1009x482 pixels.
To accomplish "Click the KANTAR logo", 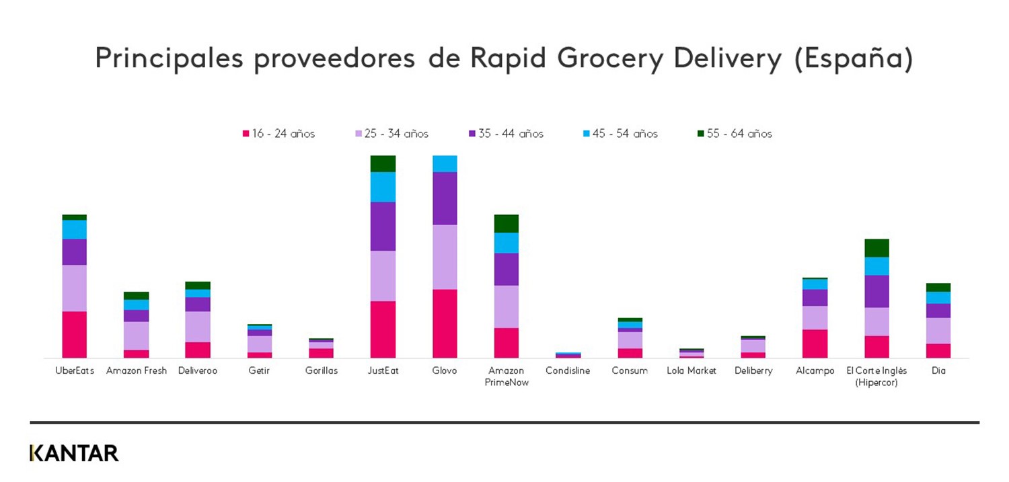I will [74, 453].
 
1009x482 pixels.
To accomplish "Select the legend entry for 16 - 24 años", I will [278, 134].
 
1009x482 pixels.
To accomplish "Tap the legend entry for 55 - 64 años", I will [735, 134].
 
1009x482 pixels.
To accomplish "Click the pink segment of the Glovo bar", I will [445, 323].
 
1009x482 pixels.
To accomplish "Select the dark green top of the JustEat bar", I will [383, 163].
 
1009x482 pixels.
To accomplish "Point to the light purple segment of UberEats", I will [74, 288].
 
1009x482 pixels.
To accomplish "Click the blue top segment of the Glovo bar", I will [445, 163].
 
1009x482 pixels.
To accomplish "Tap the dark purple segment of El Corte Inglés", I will [876, 291].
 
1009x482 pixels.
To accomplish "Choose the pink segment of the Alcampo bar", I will [815, 344].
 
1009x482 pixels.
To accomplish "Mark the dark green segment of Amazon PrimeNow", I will [506, 223].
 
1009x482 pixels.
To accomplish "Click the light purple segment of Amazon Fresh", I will [136, 335].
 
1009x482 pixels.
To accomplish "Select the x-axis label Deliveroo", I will [198, 371].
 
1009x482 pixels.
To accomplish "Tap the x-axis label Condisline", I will [568, 371].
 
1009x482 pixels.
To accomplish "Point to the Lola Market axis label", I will [692, 371].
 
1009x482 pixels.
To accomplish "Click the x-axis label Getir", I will [259, 371].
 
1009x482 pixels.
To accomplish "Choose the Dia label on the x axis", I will [938, 371].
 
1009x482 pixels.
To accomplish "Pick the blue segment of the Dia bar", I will [938, 297].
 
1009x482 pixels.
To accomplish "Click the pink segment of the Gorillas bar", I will [321, 353].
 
